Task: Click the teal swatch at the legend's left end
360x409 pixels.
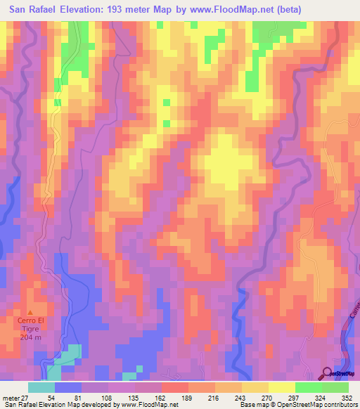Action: click(x=41, y=387)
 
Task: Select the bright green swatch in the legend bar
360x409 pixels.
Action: click(x=308, y=387)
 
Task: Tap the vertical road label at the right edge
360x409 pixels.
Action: click(x=353, y=316)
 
